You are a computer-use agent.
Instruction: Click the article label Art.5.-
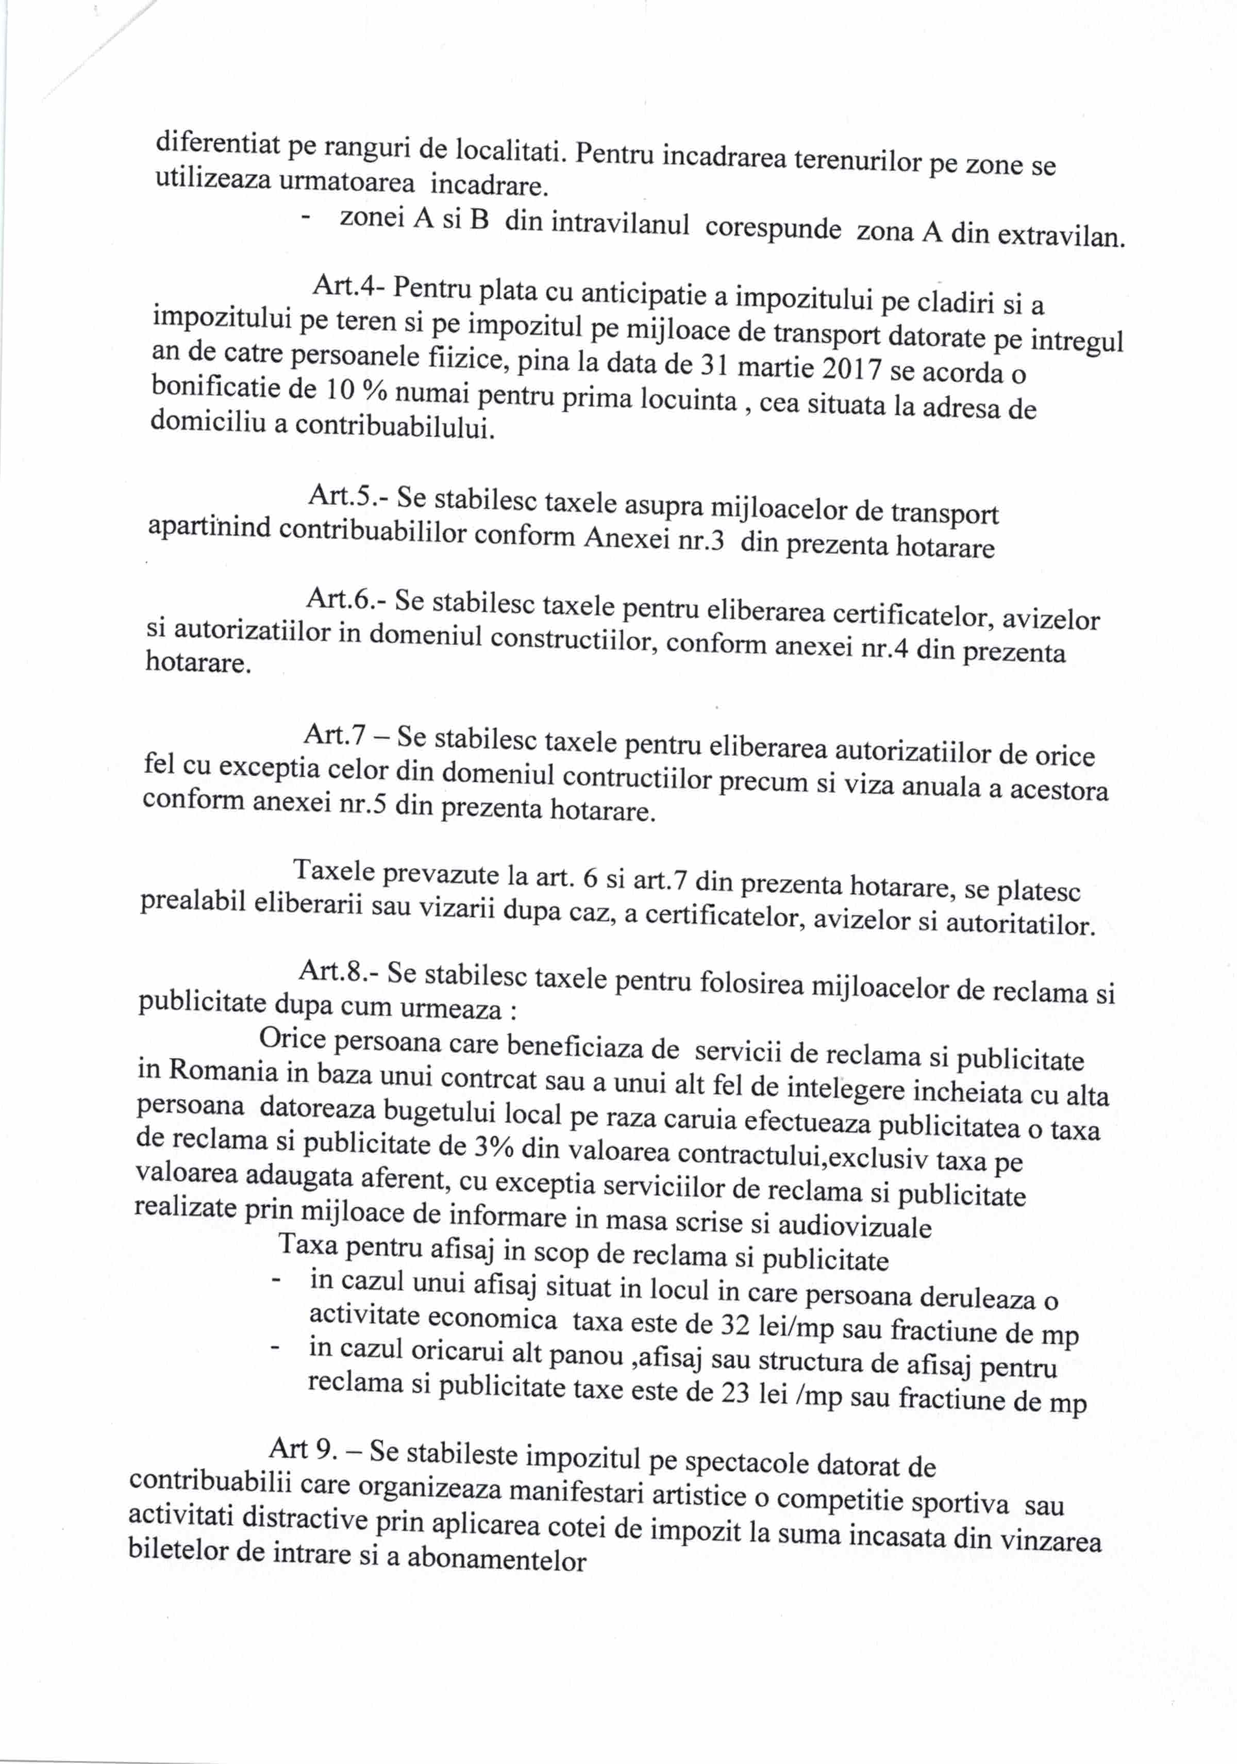coord(347,496)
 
